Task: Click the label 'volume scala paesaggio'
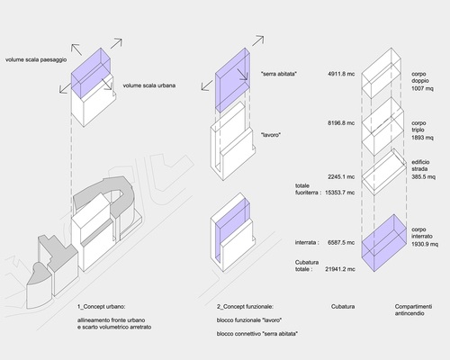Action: pos(36,59)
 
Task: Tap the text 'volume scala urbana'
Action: pos(149,85)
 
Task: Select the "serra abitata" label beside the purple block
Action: pos(279,74)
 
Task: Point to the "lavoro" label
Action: pos(271,135)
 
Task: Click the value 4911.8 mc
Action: pos(341,74)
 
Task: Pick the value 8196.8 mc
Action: pos(341,123)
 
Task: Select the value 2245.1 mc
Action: pos(341,177)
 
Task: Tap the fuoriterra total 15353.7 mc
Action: pos(340,193)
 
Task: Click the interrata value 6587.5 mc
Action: pos(341,242)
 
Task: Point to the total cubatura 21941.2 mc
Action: pos(340,269)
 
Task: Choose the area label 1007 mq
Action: pos(422,88)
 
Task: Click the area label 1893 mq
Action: pos(422,138)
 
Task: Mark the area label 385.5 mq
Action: pos(423,176)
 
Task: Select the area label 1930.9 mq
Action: pos(425,244)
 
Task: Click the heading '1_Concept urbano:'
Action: pos(101,307)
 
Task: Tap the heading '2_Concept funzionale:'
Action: pos(245,307)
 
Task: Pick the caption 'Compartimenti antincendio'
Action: pos(413,310)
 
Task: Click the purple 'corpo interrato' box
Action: pos(384,243)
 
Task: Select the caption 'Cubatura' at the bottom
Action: pos(343,307)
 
